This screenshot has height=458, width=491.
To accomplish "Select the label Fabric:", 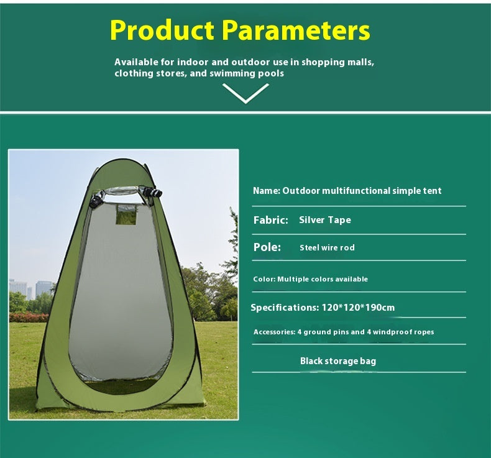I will click(x=270, y=220).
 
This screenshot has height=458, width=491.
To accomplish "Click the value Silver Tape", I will click(x=324, y=220).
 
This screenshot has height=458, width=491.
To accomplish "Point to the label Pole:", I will click(x=267, y=247).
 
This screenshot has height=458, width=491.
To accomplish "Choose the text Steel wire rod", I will click(x=327, y=248).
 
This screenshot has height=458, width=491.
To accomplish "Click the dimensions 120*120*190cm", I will click(x=358, y=308).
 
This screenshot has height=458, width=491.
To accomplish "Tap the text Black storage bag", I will click(x=337, y=361).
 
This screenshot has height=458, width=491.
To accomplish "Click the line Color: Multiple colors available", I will click(x=310, y=280).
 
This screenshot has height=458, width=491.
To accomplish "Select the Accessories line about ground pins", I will click(x=343, y=332).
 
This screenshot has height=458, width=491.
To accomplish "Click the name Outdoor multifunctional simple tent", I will click(x=362, y=191).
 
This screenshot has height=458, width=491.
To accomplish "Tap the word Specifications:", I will click(x=285, y=308).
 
